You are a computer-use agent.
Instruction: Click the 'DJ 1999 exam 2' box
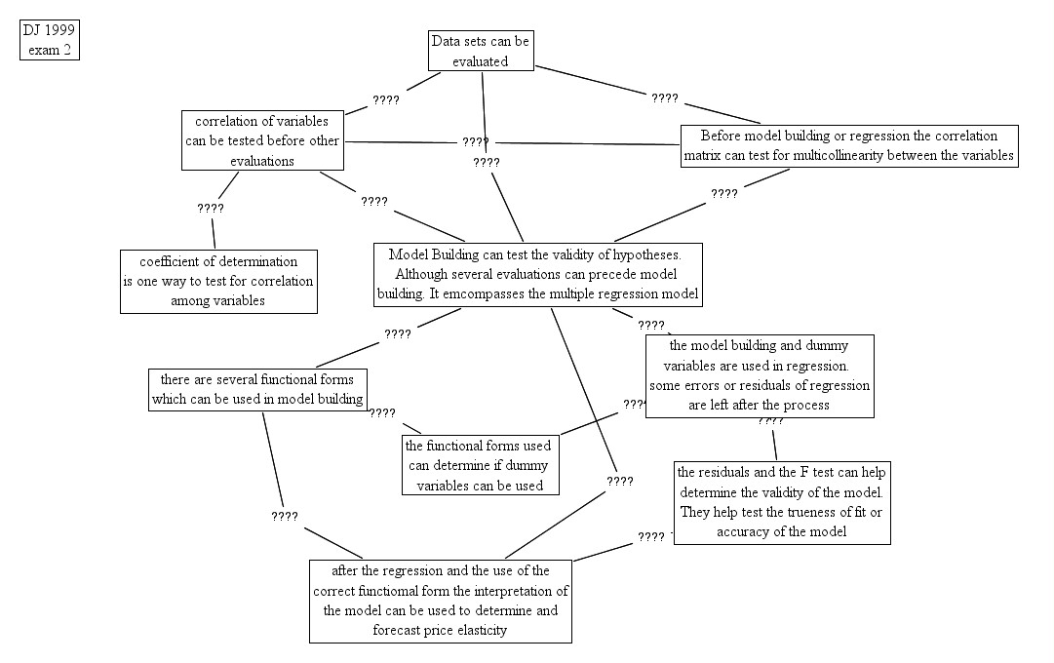click(x=49, y=40)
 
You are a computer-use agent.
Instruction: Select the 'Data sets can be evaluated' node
click(x=482, y=51)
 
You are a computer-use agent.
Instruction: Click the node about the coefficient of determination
click(x=218, y=281)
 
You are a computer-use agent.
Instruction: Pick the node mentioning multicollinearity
click(x=849, y=145)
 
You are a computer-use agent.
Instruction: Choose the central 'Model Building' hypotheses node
click(x=539, y=273)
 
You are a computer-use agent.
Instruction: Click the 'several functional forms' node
click(x=258, y=388)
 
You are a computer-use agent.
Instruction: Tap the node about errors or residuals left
click(x=759, y=375)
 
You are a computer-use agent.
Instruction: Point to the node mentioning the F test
click(x=781, y=501)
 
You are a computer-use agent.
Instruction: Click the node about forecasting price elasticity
click(x=441, y=601)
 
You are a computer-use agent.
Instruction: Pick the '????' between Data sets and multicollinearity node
click(x=664, y=97)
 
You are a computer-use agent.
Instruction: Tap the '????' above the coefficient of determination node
click(x=210, y=208)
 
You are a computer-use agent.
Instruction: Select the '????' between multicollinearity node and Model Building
click(x=723, y=193)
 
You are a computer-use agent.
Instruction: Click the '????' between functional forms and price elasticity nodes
click(x=285, y=516)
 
